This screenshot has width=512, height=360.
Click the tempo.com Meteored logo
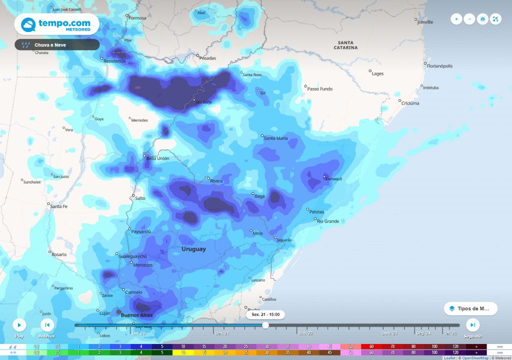point(56,24)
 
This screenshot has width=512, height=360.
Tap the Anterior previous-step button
point(47,325)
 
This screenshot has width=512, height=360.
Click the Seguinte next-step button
point(472,325)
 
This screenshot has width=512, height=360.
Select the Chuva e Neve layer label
point(57,45)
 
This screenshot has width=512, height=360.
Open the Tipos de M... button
point(470,308)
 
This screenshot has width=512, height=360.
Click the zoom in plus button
point(456,19)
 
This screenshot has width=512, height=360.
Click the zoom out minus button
point(469,19)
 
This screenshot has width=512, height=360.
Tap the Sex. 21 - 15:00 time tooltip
point(265,315)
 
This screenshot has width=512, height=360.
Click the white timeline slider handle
point(265,325)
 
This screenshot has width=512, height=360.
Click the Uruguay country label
point(193,249)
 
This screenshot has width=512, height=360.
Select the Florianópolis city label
point(440,66)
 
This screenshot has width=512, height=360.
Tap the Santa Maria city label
point(275,138)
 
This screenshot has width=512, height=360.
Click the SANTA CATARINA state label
point(345,45)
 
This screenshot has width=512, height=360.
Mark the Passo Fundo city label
point(319,89)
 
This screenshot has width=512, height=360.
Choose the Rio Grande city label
point(328,221)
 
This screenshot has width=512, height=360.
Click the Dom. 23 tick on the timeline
point(389,332)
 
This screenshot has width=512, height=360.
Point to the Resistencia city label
point(114,61)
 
